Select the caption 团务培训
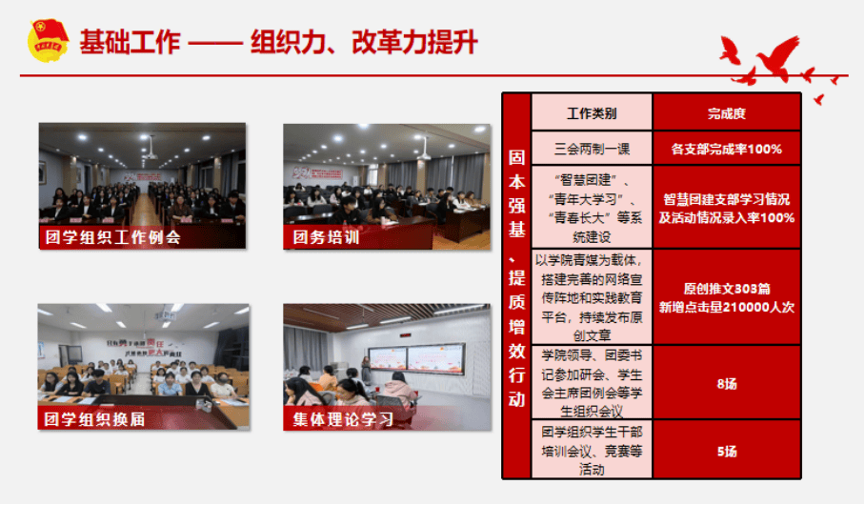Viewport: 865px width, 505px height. click(327, 237)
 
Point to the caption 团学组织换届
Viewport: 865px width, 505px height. click(94, 418)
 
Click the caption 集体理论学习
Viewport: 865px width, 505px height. click(344, 418)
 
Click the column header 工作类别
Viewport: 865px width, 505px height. click(591, 113)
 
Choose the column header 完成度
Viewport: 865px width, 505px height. click(726, 113)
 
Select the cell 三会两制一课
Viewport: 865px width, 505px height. click(591, 149)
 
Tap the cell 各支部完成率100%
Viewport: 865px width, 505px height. click(726, 149)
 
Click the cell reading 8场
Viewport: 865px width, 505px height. click(726, 384)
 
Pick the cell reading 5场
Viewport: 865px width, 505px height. click(726, 451)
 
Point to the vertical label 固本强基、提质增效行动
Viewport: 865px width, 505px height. click(515, 286)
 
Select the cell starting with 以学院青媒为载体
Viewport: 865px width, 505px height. click(591, 296)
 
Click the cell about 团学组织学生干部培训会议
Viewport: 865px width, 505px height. click(591, 451)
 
